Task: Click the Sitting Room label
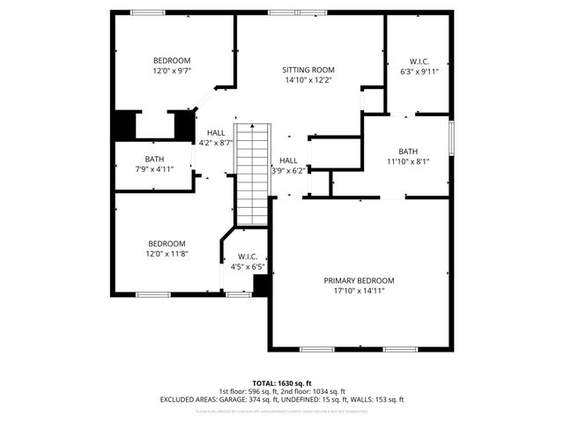pyautogui.click(x=308, y=70)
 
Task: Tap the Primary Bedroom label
pyautogui.click(x=364, y=280)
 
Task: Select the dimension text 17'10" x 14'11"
pyautogui.click(x=364, y=291)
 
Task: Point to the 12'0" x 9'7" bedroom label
pyautogui.click(x=172, y=60)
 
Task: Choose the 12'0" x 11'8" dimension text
pyautogui.click(x=167, y=254)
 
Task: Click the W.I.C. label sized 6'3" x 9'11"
pyautogui.click(x=419, y=62)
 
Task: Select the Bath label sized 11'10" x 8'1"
pyautogui.click(x=408, y=151)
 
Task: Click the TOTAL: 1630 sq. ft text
pyautogui.click(x=282, y=383)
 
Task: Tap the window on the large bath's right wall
pyautogui.click(x=450, y=137)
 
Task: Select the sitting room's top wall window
pyautogui.click(x=295, y=12)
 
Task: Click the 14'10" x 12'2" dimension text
pyautogui.click(x=308, y=80)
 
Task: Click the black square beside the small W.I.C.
pyautogui.click(x=261, y=285)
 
